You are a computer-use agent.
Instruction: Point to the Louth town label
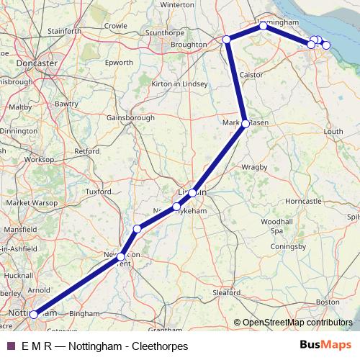pos(333,132)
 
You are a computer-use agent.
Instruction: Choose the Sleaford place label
pos(227,292)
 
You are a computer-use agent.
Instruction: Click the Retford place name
pos(86,151)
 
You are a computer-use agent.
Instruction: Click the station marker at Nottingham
pos(34,315)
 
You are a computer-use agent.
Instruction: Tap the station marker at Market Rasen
pos(246,124)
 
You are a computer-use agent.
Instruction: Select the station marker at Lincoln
pos(193,193)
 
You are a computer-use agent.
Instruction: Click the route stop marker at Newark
pos(122,256)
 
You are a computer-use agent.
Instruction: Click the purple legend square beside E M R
pos(11,346)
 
